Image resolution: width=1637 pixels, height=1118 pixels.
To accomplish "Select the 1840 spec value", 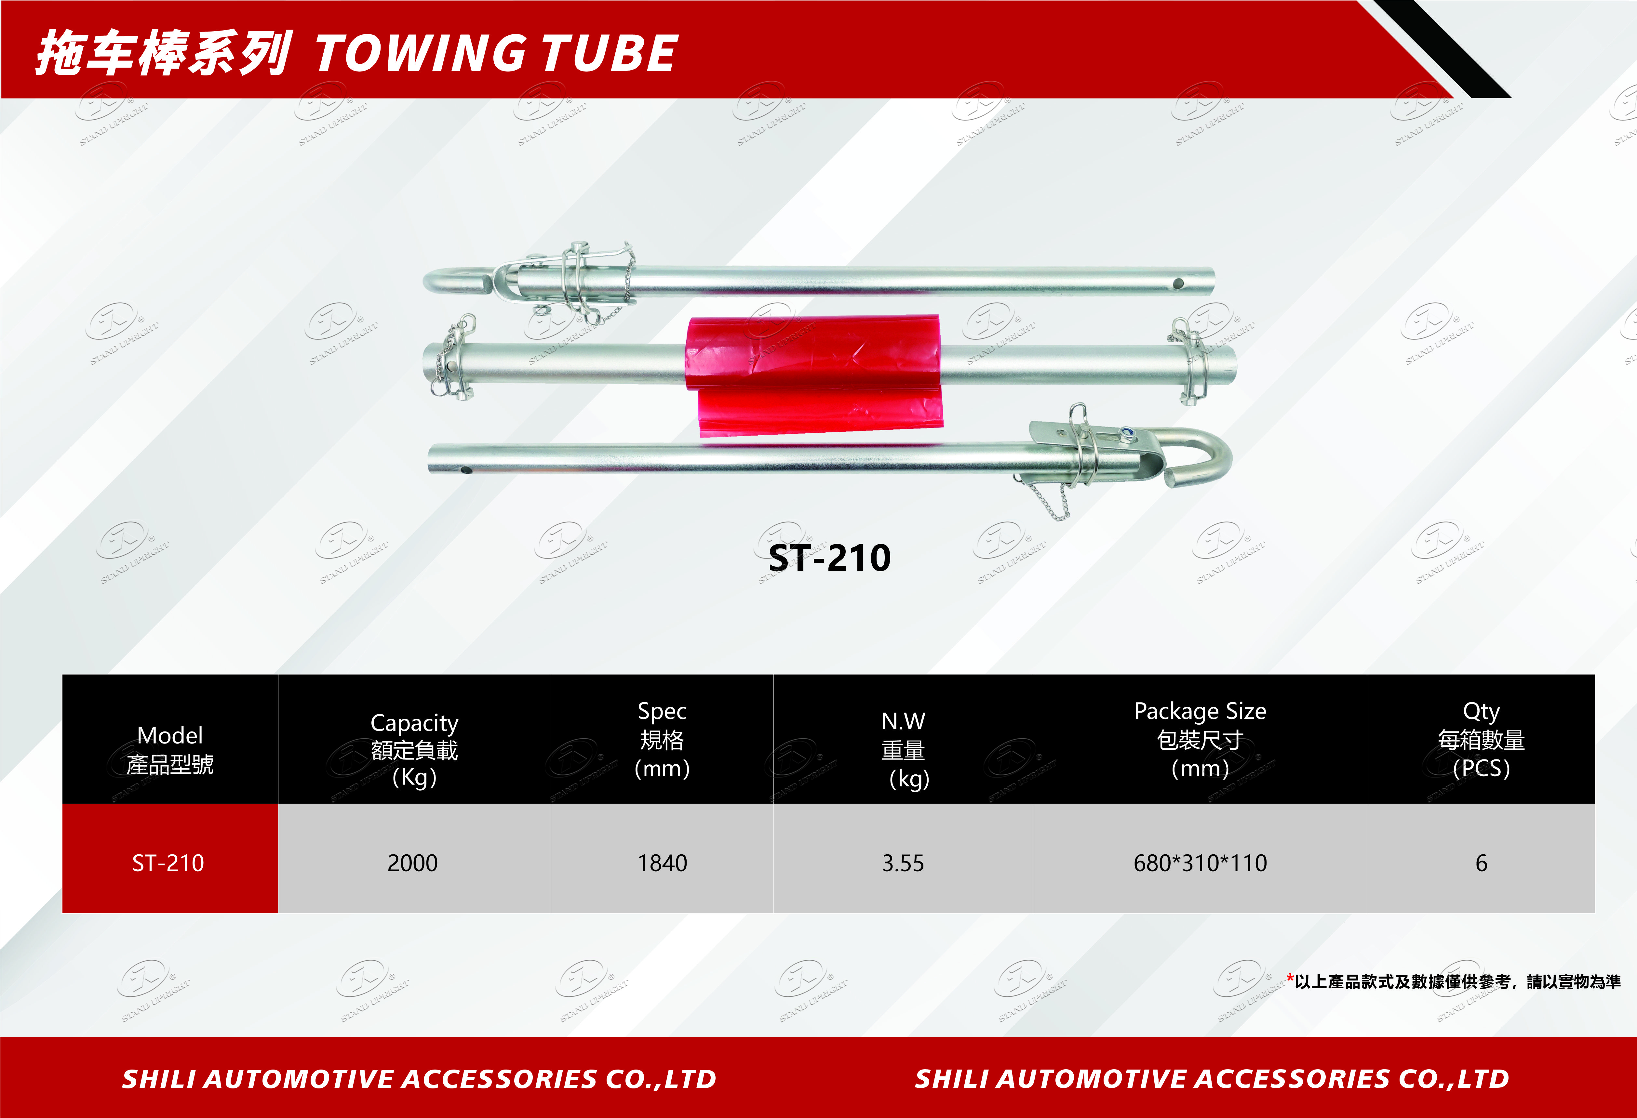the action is tap(662, 863).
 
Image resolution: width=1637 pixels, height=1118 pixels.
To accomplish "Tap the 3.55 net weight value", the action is tap(903, 863).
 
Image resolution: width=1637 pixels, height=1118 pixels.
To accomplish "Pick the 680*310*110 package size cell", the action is tap(1200, 863).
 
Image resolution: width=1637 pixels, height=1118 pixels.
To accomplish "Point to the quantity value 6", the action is tap(1481, 863).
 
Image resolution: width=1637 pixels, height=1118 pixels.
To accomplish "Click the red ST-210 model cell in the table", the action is tap(170, 859).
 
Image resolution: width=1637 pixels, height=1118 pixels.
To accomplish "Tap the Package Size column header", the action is tap(1200, 739).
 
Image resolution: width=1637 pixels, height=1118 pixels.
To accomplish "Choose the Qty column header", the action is tap(1481, 739).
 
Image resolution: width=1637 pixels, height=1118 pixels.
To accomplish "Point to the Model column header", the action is tap(170, 750).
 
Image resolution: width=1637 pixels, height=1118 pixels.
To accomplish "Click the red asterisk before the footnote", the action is tap(1290, 978).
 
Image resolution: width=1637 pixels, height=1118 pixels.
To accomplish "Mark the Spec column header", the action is tap(662, 739).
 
